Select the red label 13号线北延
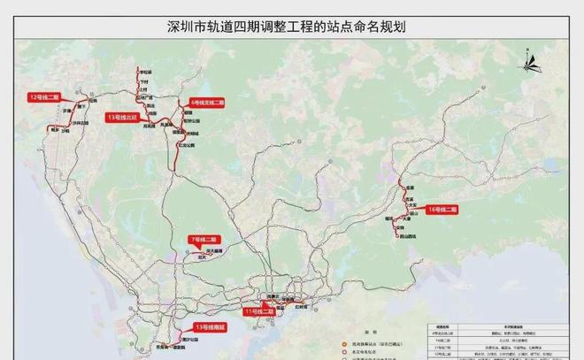124,117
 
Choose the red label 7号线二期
204,240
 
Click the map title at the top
291,27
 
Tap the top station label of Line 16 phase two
410,188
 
